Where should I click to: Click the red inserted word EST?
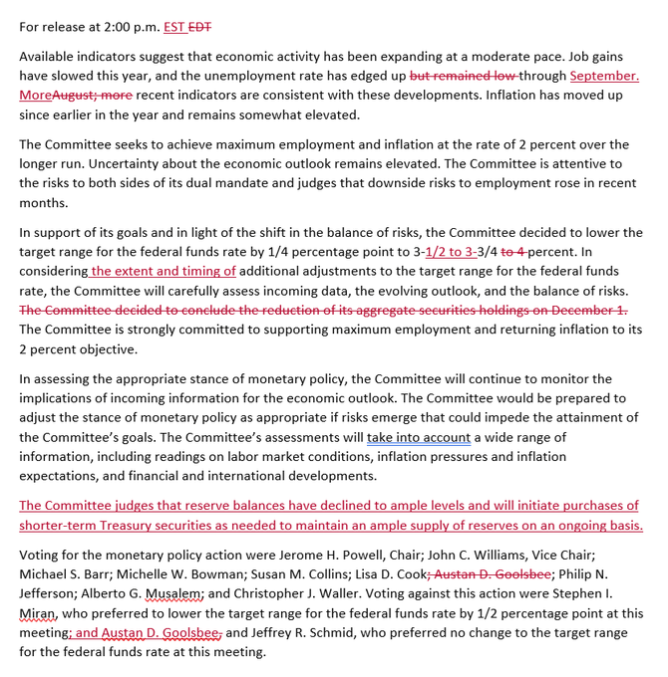pos(175,27)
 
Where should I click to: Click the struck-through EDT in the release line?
pos(202,27)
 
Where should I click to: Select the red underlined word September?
pos(605,76)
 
